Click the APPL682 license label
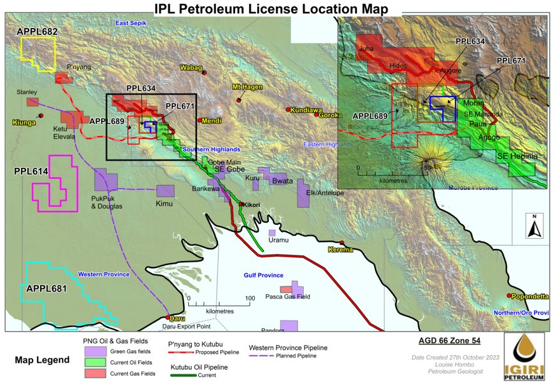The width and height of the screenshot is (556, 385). [37, 31]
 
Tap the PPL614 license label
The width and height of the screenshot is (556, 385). [31, 172]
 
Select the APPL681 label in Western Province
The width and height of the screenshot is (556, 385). [46, 288]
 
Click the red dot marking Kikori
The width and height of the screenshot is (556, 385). [241, 205]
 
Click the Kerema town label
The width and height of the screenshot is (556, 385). [340, 250]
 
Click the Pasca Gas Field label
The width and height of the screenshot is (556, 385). [287, 297]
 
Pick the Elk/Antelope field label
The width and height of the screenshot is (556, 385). [325, 192]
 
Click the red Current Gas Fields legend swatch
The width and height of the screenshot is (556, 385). [95, 374]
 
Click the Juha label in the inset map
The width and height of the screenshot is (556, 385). [366, 48]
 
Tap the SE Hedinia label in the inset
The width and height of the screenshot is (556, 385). [517, 156]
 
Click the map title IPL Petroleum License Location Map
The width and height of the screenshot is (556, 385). [271, 9]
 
